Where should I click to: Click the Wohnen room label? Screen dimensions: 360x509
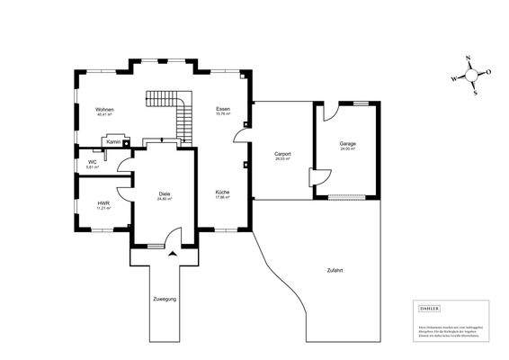(103, 109)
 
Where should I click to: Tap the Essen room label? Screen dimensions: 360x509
(222, 109)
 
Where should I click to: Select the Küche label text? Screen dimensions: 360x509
(222, 192)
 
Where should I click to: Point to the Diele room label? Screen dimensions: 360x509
(165, 193)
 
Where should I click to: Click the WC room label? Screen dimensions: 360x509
(92, 162)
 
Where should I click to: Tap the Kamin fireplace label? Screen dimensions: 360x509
(113, 141)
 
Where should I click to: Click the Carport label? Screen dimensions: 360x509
(282, 155)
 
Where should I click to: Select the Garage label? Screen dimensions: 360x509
(347, 143)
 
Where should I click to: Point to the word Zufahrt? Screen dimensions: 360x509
(335, 270)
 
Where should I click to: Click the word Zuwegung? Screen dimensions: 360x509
(165, 297)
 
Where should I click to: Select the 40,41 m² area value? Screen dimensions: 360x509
(103, 115)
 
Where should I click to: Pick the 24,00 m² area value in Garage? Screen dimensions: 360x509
(347, 149)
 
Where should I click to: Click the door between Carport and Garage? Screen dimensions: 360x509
(312, 175)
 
